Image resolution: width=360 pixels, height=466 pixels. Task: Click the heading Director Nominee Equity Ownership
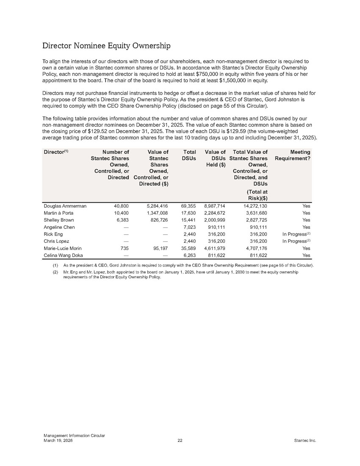(x=106, y=45)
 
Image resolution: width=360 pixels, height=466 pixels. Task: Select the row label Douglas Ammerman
(x=65, y=206)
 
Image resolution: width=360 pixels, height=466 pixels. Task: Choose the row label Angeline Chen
(x=59, y=227)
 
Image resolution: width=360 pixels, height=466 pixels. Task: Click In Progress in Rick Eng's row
(x=295, y=234)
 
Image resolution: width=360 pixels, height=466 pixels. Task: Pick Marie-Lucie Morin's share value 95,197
(x=160, y=249)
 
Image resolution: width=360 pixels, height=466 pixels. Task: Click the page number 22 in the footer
(x=180, y=441)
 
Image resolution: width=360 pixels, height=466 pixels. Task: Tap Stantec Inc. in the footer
(x=305, y=441)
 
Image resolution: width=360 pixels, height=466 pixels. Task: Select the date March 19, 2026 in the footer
(x=58, y=441)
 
